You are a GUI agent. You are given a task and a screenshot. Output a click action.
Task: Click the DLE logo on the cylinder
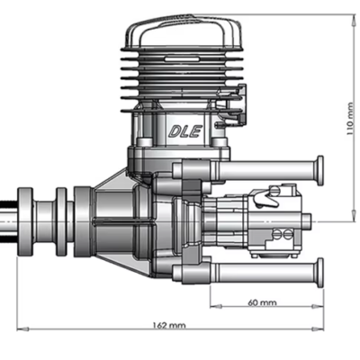(185, 131)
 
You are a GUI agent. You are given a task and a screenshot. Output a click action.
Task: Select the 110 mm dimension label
(350, 119)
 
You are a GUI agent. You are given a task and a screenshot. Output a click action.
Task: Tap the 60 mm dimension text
(263, 302)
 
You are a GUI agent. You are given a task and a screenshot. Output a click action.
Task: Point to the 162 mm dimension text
(169, 325)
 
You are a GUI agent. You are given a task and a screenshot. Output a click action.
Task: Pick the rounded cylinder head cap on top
(184, 31)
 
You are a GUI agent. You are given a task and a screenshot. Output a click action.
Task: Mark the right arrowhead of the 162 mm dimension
(318, 329)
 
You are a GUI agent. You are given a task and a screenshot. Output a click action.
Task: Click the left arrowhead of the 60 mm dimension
(216, 306)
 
